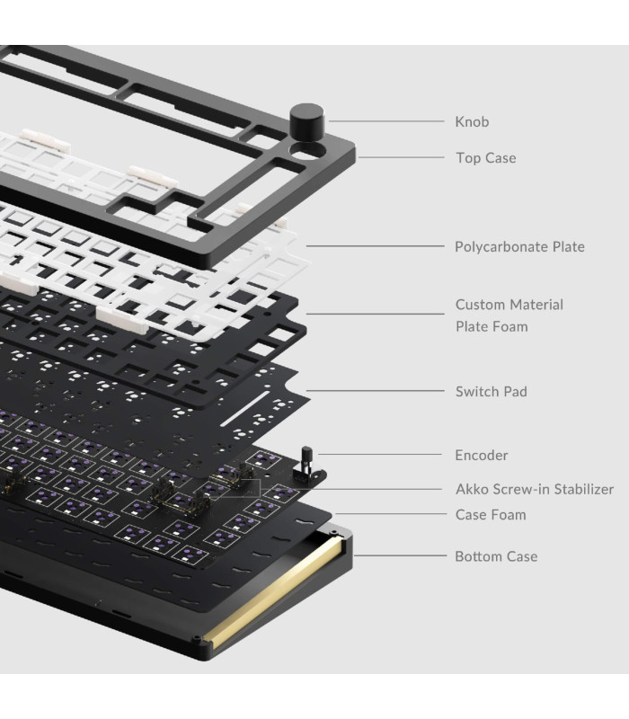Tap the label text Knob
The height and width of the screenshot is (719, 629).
point(472,121)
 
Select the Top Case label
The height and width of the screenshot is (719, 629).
point(485,158)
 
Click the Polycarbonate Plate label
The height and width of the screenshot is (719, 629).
point(519,246)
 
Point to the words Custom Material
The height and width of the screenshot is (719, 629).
point(509,305)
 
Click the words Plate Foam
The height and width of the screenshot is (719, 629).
point(491,326)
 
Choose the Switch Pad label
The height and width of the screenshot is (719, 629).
point(491,392)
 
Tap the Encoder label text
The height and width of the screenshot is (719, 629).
point(481,456)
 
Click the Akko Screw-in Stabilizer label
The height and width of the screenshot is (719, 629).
point(534,490)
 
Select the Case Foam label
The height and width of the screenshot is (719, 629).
point(490,515)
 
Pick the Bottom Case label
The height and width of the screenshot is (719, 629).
point(496,556)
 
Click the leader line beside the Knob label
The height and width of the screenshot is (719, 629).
point(386,120)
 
